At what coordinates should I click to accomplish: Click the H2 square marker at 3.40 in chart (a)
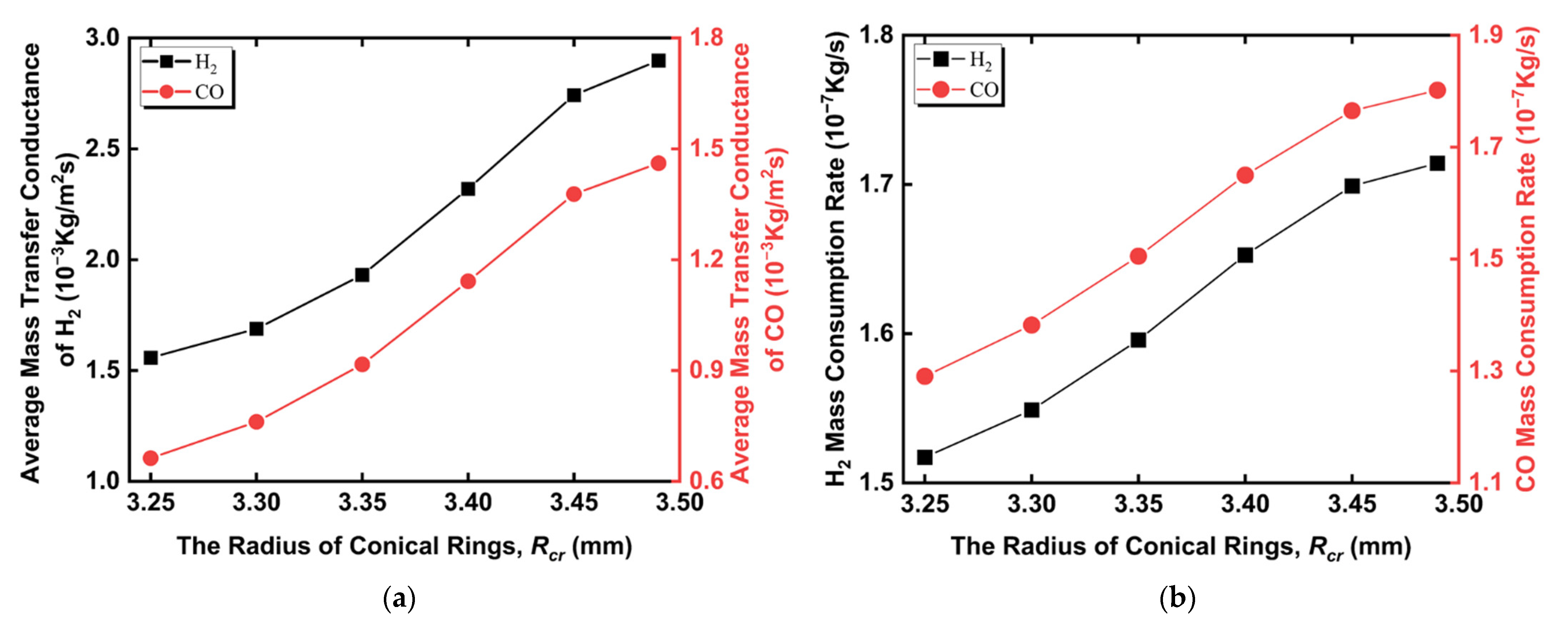coord(468,189)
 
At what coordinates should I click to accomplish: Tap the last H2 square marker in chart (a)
coord(658,61)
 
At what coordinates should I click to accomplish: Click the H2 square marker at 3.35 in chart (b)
coord(1138,340)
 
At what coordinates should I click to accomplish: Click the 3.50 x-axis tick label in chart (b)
coord(1459,504)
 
